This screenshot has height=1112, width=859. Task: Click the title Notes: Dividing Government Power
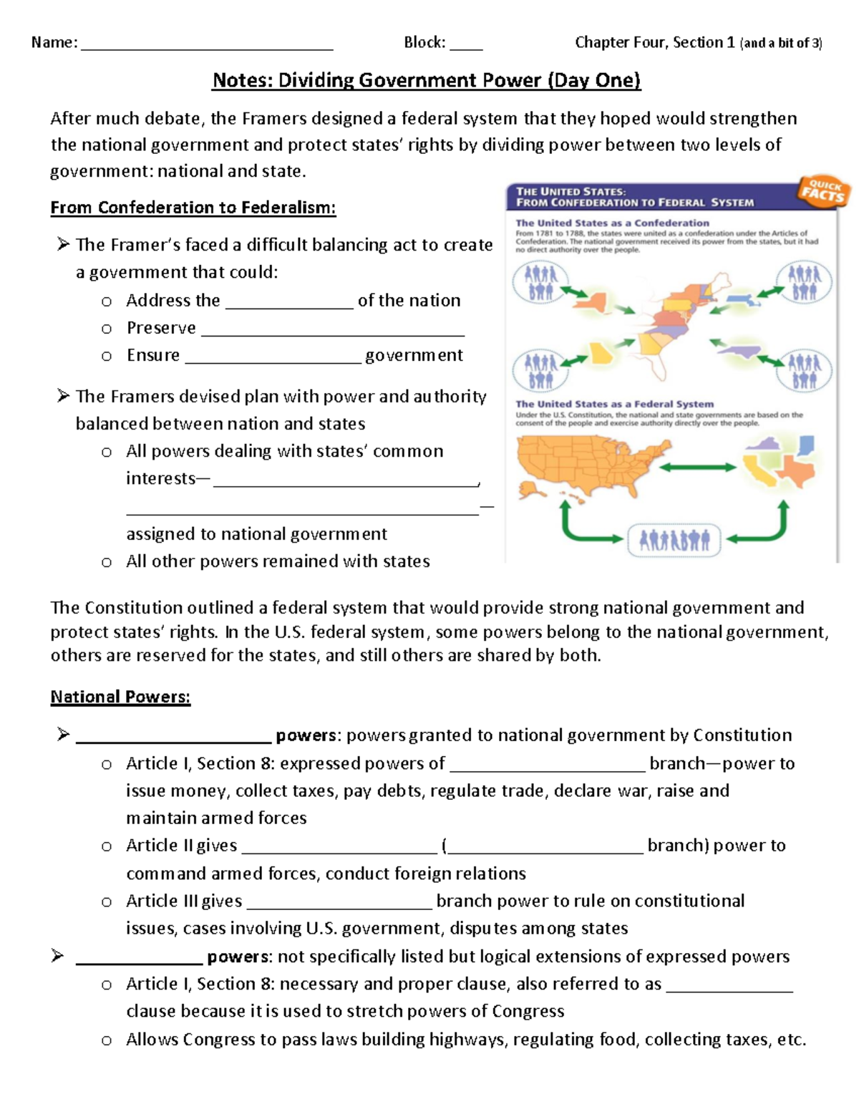tap(426, 80)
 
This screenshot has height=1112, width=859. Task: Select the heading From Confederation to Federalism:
tap(193, 208)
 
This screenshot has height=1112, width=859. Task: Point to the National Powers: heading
tap(120, 697)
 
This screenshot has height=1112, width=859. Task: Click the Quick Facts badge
tap(823, 190)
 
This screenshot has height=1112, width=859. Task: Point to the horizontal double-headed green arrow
tap(697, 468)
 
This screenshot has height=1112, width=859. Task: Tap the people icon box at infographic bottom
tap(674, 540)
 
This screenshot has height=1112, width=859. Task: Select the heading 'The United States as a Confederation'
tap(612, 223)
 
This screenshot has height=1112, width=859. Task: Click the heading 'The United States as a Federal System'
tap(614, 404)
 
